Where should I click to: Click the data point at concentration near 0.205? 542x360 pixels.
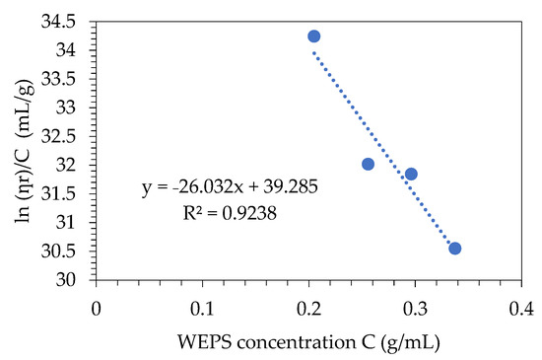[x=314, y=36]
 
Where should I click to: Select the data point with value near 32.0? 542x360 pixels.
[x=369, y=164]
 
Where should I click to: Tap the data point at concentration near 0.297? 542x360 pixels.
[x=412, y=174]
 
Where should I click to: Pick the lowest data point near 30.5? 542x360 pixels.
[x=455, y=248]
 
